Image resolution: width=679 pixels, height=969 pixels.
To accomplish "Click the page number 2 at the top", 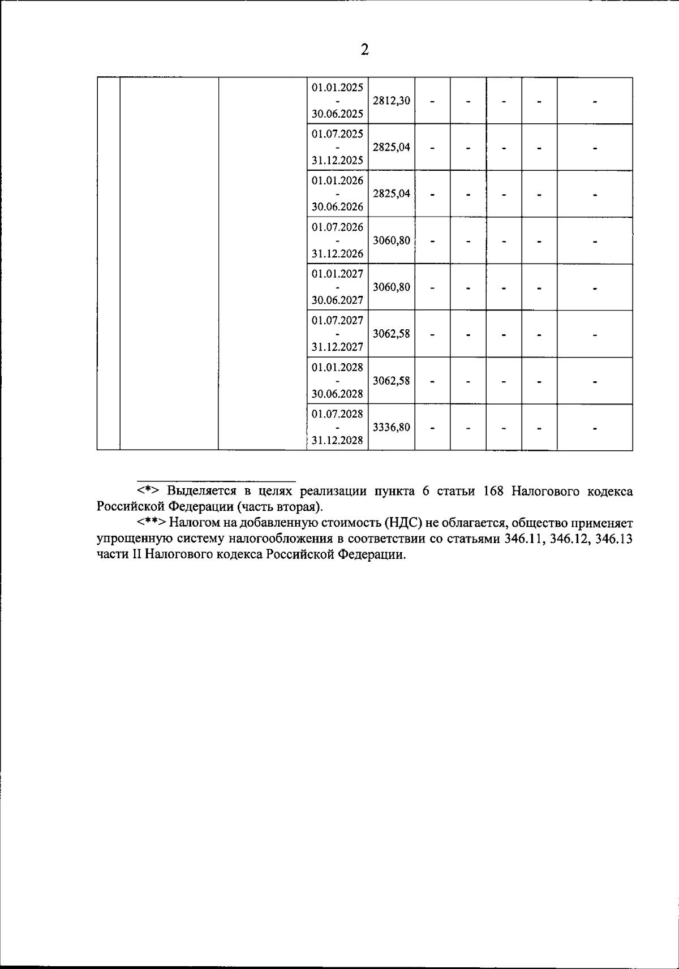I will point(364,50).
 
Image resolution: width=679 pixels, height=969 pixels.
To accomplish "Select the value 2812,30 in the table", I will point(392,101).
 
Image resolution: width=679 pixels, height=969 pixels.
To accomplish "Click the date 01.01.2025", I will point(337,87).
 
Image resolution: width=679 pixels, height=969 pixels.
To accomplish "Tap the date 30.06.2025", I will point(337,114).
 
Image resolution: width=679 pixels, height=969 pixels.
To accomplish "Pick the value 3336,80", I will point(392,427).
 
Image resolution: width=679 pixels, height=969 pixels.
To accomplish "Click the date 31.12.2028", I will point(337,441).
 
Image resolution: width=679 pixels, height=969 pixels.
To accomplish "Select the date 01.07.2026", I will point(337,227).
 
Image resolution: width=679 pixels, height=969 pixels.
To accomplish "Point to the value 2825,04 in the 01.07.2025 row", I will point(392,147).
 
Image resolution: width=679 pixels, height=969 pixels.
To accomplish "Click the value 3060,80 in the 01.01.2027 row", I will point(392,287).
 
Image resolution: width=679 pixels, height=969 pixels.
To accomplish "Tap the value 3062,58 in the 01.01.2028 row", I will point(392,380).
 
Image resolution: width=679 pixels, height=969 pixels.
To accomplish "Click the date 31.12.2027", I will point(337,347).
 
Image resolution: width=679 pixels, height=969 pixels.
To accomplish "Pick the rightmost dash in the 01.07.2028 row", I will point(595,428).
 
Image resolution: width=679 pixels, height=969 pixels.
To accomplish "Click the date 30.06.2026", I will point(337,207).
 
